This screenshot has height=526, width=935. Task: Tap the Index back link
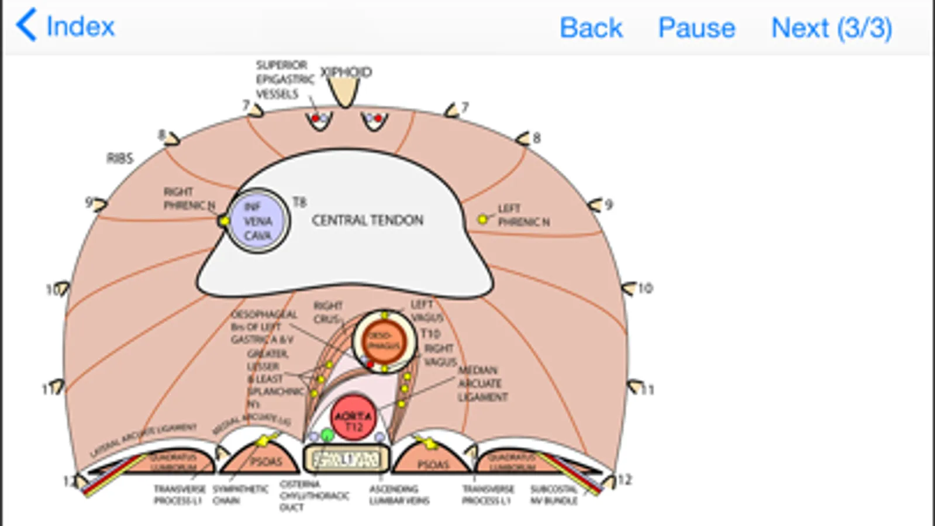(65, 26)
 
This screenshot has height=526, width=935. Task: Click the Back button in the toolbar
(591, 27)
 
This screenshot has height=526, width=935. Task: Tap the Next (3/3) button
(831, 27)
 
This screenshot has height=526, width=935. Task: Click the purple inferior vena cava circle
(258, 221)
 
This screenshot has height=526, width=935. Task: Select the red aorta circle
(353, 417)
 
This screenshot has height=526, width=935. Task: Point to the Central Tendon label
(367, 220)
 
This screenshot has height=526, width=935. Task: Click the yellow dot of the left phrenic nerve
(482, 219)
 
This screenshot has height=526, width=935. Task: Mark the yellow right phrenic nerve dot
(224, 221)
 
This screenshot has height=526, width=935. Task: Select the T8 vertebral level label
(299, 202)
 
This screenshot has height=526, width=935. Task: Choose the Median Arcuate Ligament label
(482, 383)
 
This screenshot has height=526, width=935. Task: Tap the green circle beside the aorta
(327, 435)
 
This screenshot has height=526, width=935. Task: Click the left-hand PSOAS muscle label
(266, 462)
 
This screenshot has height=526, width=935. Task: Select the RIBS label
(120, 158)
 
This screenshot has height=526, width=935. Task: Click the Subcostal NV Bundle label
(554, 494)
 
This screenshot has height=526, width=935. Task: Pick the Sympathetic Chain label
(240, 494)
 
